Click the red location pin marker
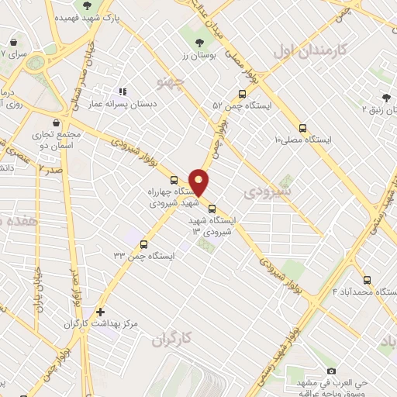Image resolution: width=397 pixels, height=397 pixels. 199,181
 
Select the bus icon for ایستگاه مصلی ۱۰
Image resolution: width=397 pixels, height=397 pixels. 302,129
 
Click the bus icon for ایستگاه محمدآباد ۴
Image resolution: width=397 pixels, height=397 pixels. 367,280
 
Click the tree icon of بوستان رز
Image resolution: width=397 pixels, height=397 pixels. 200,43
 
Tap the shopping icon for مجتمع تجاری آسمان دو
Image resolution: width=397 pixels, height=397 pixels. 55,123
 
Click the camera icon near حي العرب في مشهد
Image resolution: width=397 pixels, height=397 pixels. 331,371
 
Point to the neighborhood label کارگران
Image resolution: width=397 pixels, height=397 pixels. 172,339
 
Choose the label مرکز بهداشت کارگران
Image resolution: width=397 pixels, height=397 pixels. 73,323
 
